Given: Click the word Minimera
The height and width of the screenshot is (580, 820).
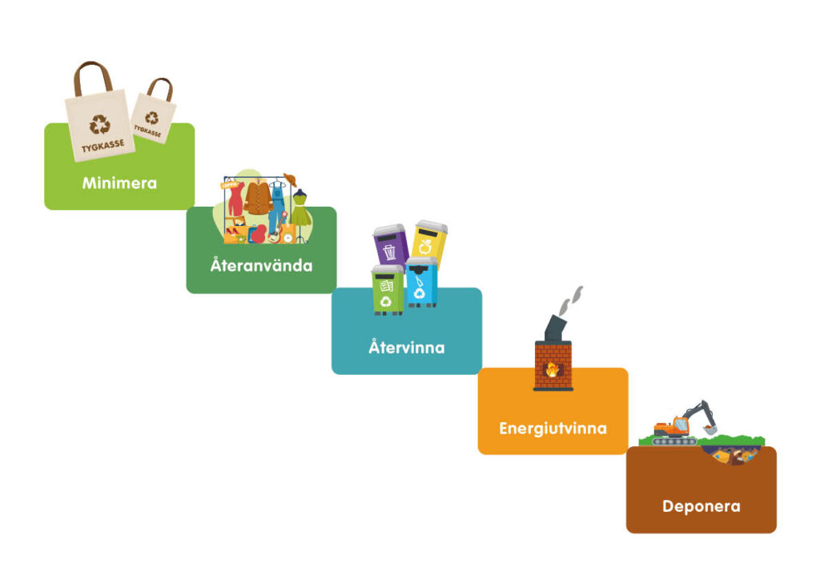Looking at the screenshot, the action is (x=119, y=183).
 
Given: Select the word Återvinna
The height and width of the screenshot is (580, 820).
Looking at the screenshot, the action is (x=406, y=347).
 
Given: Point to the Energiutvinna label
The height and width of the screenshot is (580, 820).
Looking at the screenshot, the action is (x=553, y=429).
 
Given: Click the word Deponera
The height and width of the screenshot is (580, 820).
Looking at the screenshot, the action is (x=701, y=506).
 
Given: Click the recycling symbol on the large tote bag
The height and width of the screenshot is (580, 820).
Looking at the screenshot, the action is (x=99, y=124).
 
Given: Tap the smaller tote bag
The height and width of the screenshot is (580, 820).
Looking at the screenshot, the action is (x=154, y=111).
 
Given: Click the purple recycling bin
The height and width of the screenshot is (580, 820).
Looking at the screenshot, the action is (x=390, y=245).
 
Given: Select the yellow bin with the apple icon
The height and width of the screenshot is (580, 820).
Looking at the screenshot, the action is (x=430, y=241).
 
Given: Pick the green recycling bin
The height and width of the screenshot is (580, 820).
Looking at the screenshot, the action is (x=388, y=290).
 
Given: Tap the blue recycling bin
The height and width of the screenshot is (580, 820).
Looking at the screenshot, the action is (x=421, y=283).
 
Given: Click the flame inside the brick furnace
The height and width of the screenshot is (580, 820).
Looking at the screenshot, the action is (x=553, y=369).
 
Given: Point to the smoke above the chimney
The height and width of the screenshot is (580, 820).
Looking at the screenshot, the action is (x=570, y=301).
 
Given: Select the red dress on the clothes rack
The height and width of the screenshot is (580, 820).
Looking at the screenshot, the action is (x=236, y=199).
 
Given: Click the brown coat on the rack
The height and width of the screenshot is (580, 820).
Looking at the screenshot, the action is (x=259, y=197).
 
